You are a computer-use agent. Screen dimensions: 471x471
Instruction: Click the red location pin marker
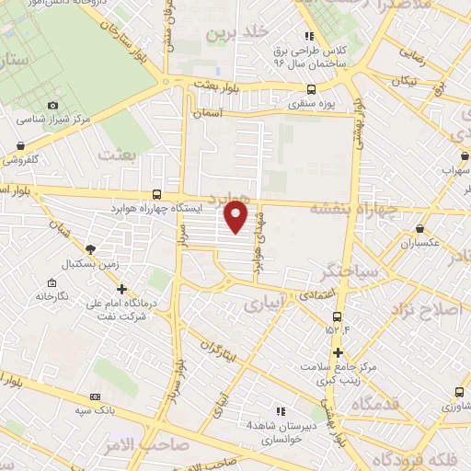pos(236,217)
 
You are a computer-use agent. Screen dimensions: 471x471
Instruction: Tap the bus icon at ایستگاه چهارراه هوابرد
pos(157,194)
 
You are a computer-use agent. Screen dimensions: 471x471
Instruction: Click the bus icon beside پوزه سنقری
pos(311,90)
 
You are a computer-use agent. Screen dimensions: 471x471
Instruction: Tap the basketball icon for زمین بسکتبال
pos(90,248)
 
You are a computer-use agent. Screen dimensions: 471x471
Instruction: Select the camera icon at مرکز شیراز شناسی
pos(52,106)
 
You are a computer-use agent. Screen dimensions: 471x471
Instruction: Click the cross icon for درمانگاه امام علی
pos(121,289)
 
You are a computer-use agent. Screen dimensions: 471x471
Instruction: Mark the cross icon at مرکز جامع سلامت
pos(339,352)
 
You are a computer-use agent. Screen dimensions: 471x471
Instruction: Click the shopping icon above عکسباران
pos(420,228)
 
